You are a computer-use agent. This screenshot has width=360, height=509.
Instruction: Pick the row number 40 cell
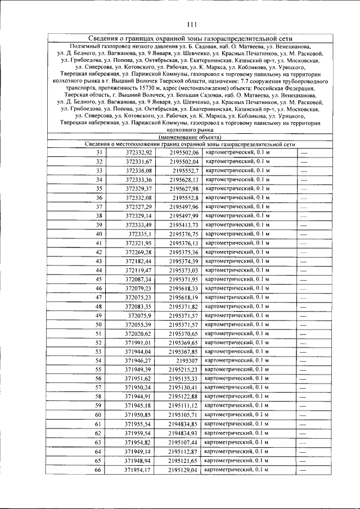point(99,233)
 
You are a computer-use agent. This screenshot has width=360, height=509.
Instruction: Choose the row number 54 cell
point(99,361)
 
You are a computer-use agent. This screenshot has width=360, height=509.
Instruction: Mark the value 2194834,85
point(184,424)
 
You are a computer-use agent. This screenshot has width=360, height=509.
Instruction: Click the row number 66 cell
point(99,470)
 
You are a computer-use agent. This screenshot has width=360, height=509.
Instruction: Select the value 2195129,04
point(184,470)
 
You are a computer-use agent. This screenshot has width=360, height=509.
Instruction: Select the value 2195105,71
point(184,415)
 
